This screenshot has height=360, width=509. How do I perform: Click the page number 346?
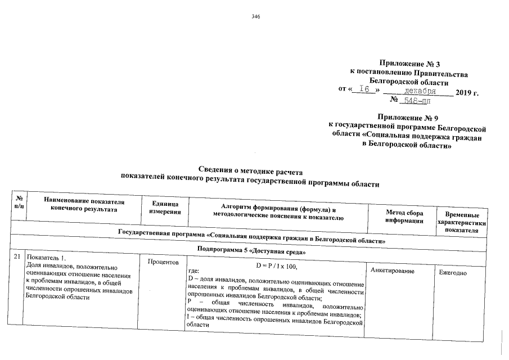click(256, 16)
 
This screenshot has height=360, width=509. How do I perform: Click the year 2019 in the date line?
click(467, 92)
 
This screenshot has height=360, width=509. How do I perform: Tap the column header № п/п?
click(19, 203)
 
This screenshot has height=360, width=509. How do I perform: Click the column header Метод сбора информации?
click(404, 217)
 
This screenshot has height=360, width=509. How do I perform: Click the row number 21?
click(17, 257)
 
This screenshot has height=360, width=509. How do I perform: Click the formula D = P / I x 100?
click(276, 265)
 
